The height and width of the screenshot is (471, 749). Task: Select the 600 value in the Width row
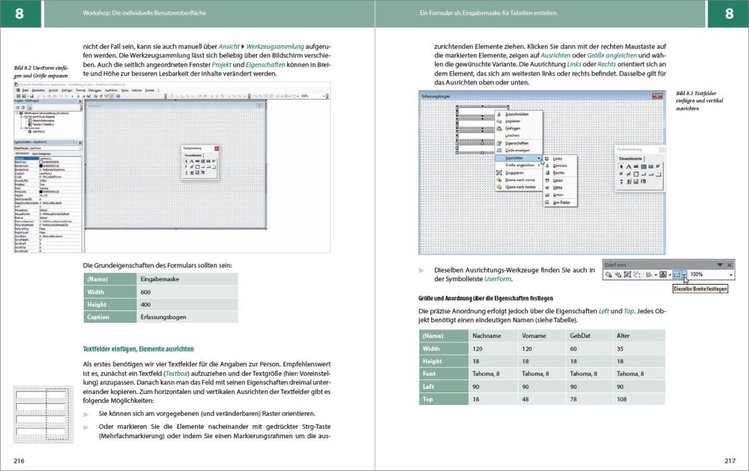pos(146,291)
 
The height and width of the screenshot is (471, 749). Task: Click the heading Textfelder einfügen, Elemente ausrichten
pos(138,349)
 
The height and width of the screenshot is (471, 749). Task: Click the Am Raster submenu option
pos(561,202)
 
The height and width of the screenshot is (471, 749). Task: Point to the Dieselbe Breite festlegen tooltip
pos(700,289)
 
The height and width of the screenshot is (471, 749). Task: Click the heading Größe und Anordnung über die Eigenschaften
pos(486,298)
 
